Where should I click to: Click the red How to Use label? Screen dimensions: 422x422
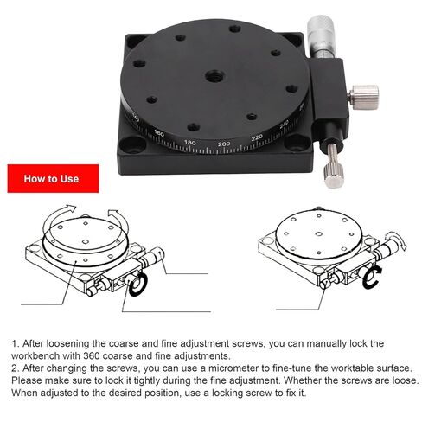[51, 179]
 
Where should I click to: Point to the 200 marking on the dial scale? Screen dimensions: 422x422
[224, 143]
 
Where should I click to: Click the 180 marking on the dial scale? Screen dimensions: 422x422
[192, 140]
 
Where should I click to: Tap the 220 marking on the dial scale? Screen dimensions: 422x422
[257, 137]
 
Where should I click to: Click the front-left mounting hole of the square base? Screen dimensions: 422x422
[136, 147]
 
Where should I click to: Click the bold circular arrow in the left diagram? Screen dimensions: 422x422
[137, 285]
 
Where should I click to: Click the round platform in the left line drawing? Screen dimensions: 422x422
[82, 243]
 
